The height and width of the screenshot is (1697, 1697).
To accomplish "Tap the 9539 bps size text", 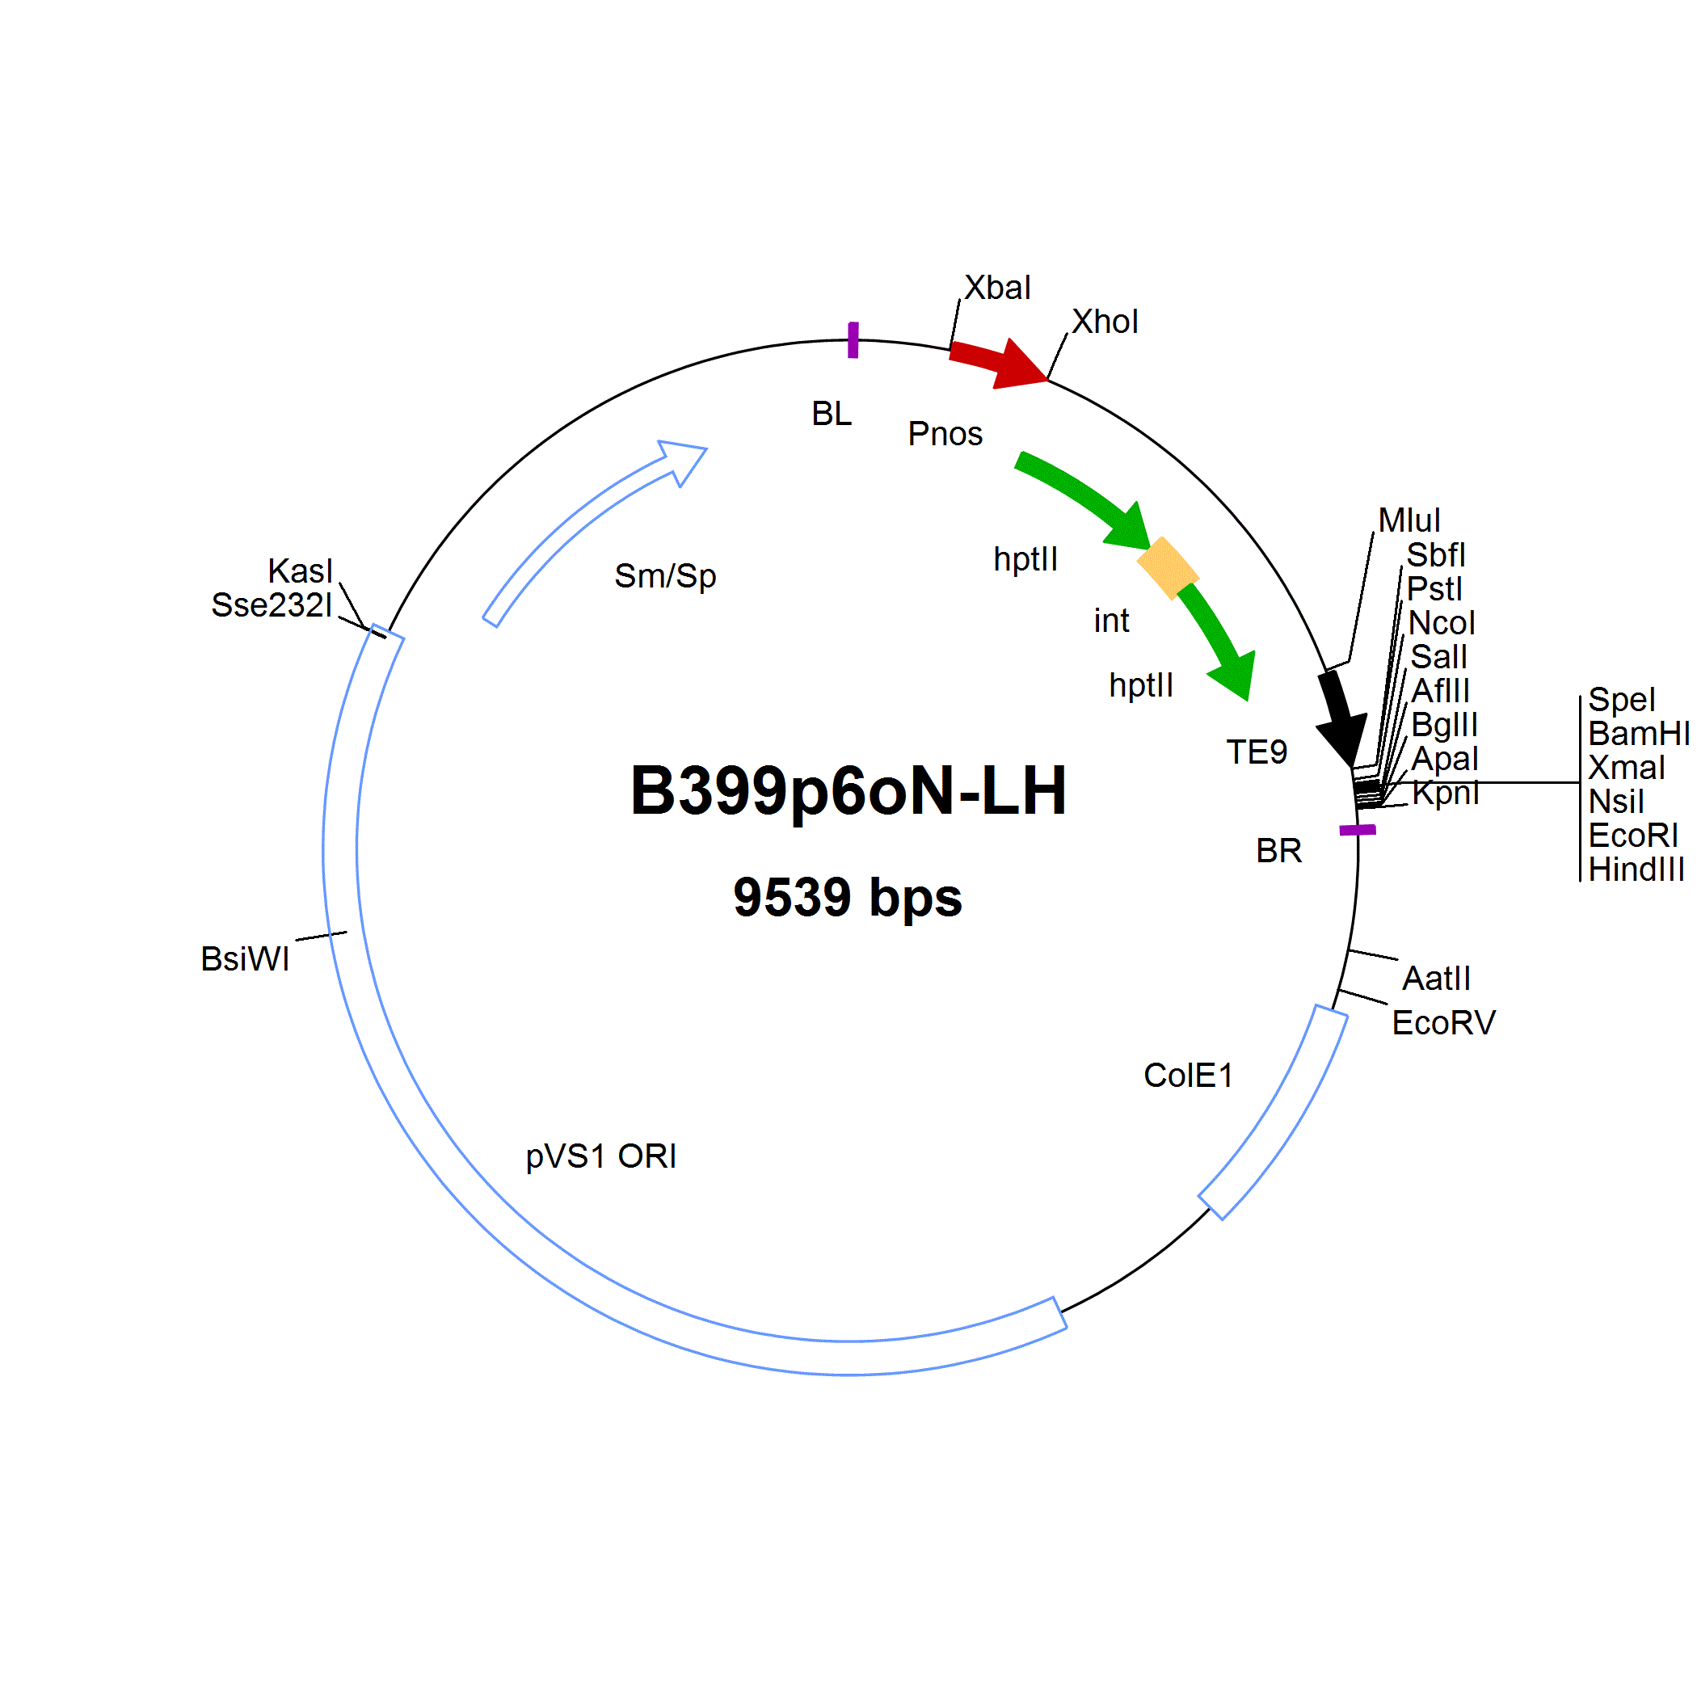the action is point(848,898).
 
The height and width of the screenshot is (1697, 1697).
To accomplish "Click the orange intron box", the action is point(1168,568).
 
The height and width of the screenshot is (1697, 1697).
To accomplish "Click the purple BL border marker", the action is point(853,340).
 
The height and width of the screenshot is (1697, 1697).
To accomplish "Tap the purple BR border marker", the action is point(1357,830).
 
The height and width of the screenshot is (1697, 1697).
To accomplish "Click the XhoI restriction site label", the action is point(1105,322).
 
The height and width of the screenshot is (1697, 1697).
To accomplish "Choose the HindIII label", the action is point(1636,870).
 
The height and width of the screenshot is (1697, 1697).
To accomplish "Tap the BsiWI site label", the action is point(245,959).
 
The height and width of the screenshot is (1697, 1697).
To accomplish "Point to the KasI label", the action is point(301,571).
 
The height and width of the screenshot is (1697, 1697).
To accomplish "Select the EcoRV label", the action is point(1444,1022).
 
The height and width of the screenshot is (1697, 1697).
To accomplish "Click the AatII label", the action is point(1436,979).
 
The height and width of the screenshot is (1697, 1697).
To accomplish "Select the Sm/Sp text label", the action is point(666,577).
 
